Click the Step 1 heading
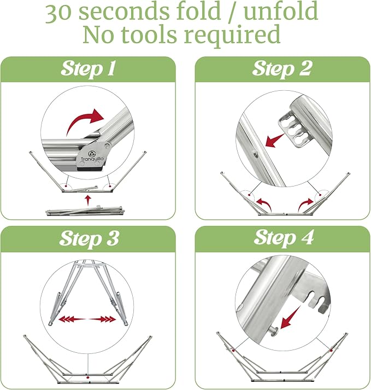88,68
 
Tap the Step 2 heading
282,68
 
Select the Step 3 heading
89,238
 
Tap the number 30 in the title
58,13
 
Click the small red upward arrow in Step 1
88,200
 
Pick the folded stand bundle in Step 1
85,211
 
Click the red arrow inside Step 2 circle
274,141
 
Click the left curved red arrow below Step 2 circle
264,204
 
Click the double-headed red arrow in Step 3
87,319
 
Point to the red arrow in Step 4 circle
290,318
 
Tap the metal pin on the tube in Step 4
273,331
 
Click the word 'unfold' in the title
280,11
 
